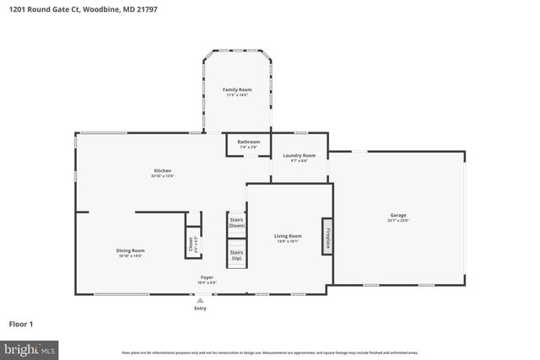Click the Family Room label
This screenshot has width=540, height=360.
click(x=237, y=89)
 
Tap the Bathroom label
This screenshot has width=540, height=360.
click(x=248, y=142)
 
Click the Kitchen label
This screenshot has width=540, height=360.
click(x=162, y=170)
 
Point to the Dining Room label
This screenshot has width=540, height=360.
click(x=131, y=250)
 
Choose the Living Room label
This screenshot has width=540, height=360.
click(x=288, y=236)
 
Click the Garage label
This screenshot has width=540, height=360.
click(x=397, y=214)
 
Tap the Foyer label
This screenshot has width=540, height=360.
click(x=207, y=277)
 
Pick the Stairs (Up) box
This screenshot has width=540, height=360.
click(x=236, y=253)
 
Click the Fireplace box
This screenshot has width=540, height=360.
click(x=327, y=236)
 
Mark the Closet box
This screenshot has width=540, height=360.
click(x=192, y=244)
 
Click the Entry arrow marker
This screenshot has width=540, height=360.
click(x=200, y=299)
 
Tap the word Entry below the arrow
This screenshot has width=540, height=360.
click(x=200, y=309)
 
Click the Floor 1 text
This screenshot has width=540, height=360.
click(x=21, y=324)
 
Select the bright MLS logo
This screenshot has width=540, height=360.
click(x=30, y=347)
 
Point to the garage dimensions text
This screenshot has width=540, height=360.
click(x=397, y=220)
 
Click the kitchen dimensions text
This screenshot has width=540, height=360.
click(x=162, y=176)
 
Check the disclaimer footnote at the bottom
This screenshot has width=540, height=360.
click(x=269, y=352)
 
